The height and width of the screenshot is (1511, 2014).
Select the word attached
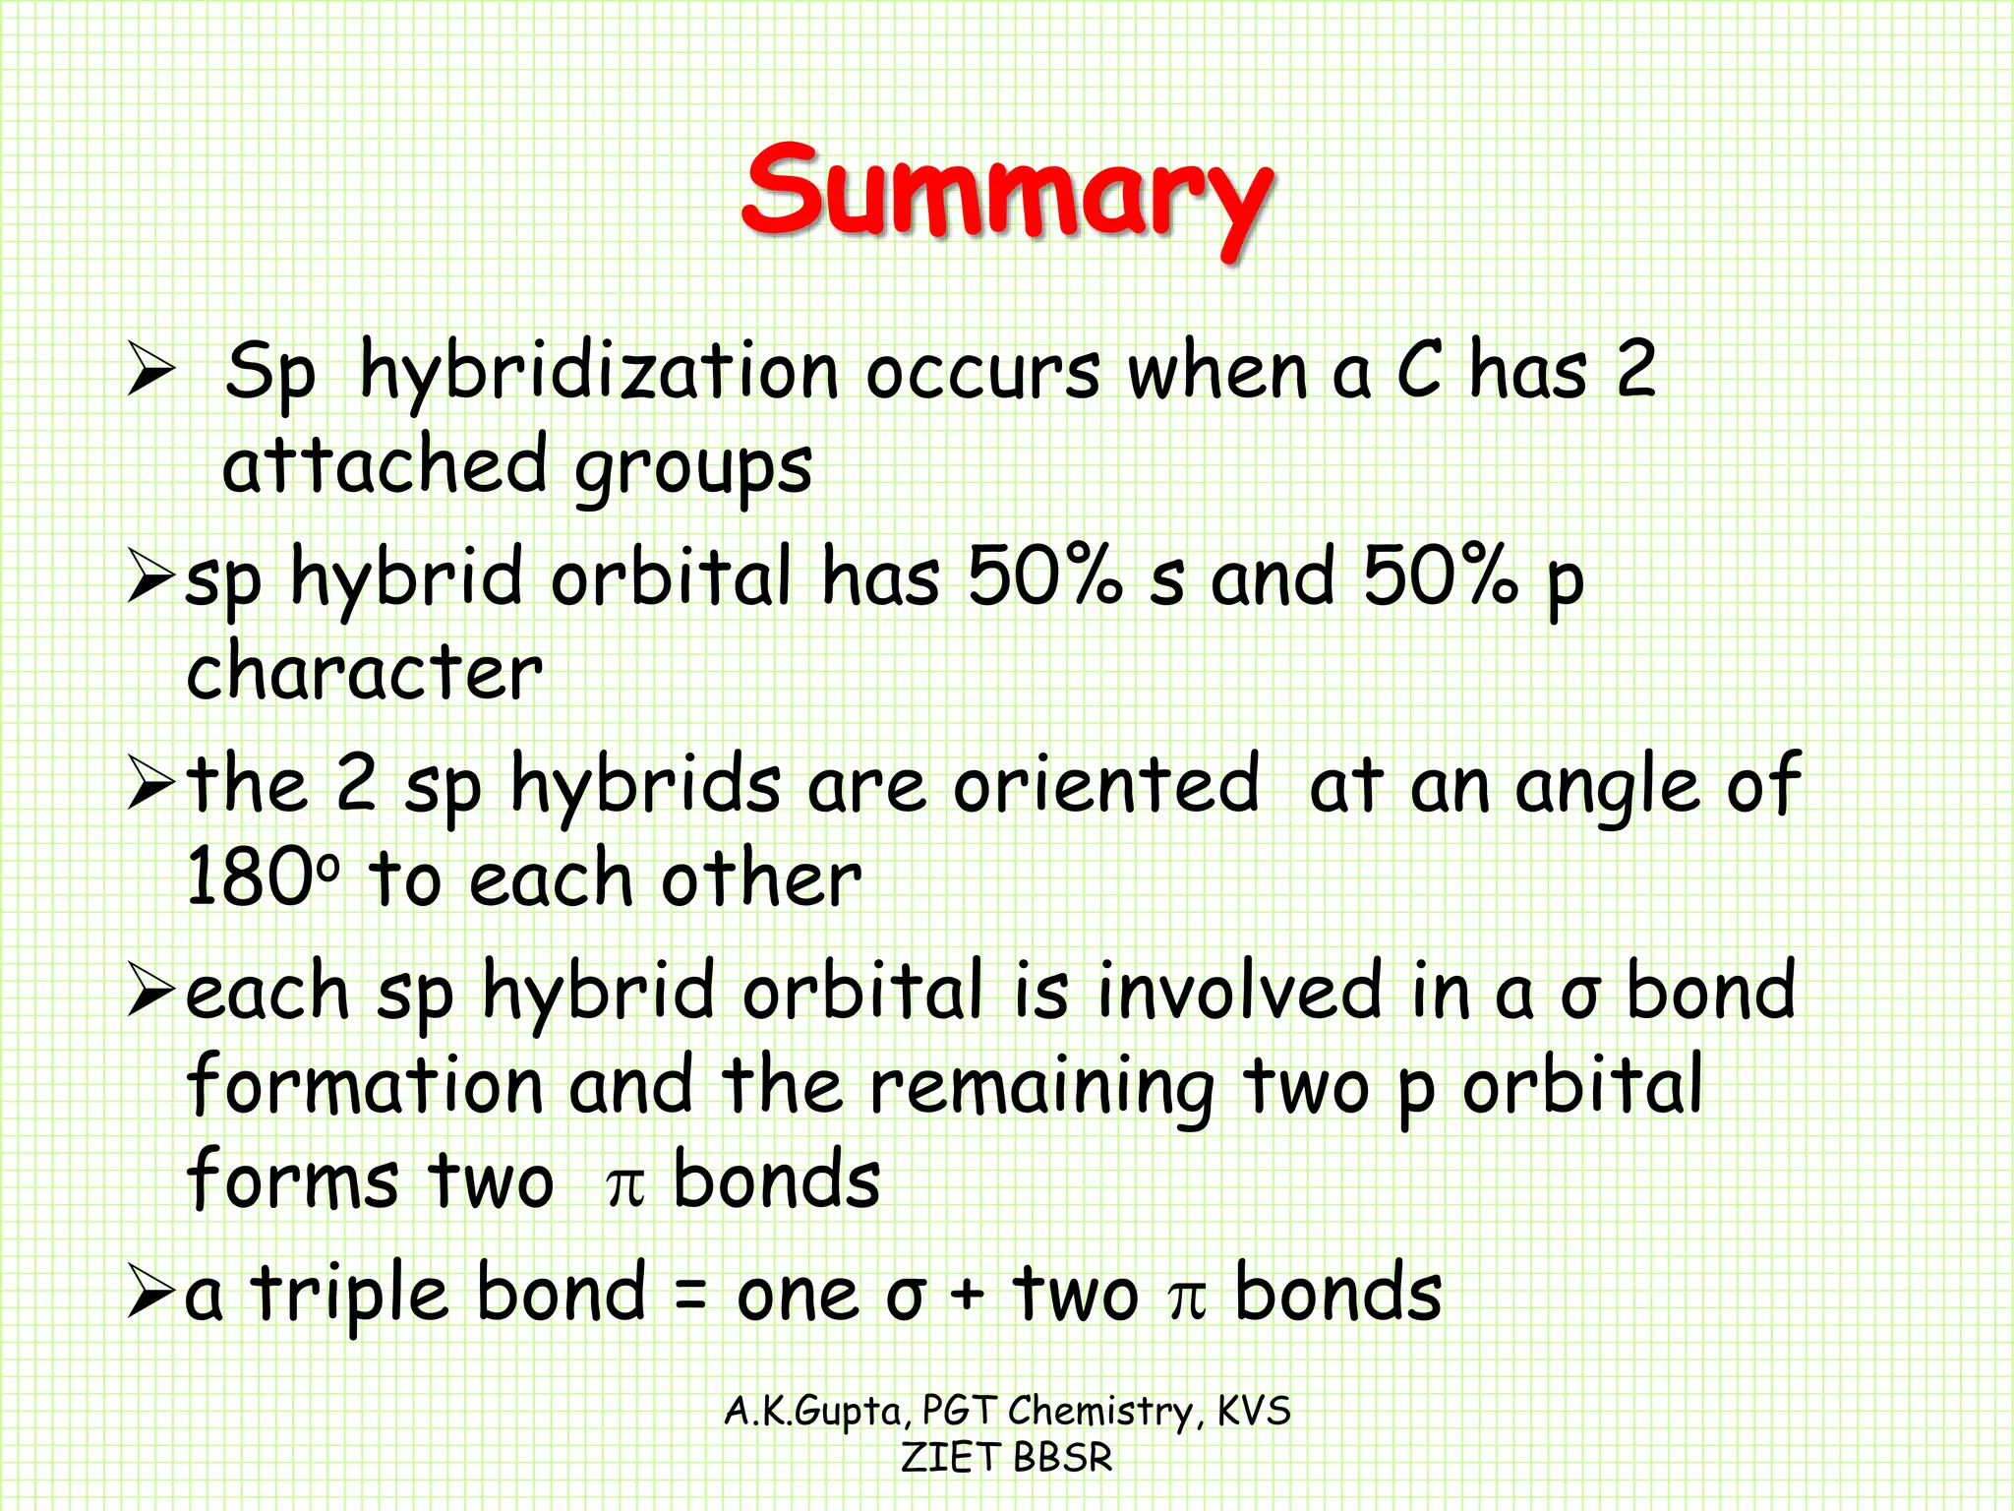click(x=384, y=465)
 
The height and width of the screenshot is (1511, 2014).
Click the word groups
click(x=693, y=470)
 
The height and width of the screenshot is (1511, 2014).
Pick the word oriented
click(x=1105, y=784)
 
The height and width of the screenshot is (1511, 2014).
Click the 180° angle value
click(x=262, y=877)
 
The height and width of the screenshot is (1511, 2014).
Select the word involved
click(x=1239, y=992)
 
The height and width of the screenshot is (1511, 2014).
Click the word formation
click(x=365, y=1085)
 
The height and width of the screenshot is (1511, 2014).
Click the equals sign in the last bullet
click(x=691, y=1296)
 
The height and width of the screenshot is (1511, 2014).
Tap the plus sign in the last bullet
click(x=967, y=1296)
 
